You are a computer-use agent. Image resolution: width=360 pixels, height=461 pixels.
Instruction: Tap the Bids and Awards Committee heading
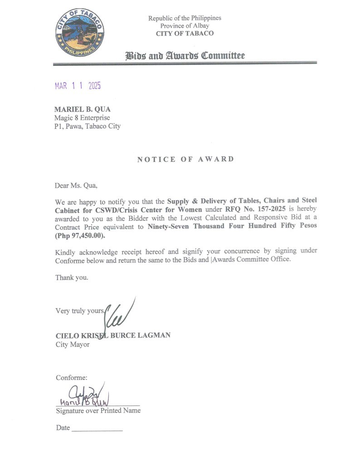click(x=185, y=56)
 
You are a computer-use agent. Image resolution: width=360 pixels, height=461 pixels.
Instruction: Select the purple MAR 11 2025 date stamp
click(x=78, y=86)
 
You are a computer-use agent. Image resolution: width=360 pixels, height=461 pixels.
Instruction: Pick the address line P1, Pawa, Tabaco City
click(x=88, y=126)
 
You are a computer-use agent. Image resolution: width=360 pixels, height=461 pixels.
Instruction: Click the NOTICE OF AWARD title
click(x=185, y=159)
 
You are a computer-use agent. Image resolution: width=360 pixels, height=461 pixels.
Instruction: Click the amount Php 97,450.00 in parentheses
click(x=80, y=236)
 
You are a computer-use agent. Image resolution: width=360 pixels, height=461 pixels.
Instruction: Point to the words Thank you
click(x=72, y=277)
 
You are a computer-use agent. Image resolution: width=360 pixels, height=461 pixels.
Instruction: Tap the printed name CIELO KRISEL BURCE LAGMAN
click(x=112, y=335)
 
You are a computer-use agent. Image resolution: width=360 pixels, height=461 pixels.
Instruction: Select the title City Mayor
click(x=73, y=345)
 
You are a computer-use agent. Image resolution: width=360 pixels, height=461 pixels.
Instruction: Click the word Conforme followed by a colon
click(x=72, y=378)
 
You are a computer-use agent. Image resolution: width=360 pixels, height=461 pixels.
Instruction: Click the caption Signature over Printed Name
click(x=98, y=411)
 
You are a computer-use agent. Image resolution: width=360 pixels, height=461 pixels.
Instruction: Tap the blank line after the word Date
click(x=97, y=428)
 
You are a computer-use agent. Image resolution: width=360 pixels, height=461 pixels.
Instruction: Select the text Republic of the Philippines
click(x=185, y=18)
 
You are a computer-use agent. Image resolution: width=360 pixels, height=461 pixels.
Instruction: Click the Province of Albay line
click(x=185, y=26)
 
